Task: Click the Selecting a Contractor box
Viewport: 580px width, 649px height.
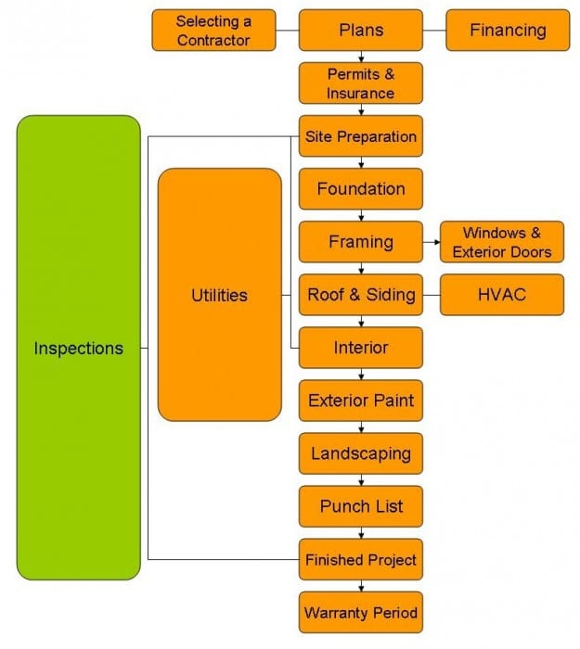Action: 213,31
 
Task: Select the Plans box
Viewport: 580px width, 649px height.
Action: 361,31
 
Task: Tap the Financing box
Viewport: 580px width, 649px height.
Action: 508,31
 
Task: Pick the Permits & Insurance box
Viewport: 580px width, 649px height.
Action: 361,83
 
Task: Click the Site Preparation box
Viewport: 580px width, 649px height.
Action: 361,136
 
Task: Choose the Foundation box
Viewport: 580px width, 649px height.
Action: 361,189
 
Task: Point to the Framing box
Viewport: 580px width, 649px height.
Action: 361,242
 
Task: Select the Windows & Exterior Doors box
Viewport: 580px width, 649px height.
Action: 502,242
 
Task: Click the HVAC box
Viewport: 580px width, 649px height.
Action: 502,295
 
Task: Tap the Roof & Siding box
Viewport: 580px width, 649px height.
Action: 361,295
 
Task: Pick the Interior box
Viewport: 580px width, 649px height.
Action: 361,348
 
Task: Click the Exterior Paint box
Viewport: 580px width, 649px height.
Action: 361,401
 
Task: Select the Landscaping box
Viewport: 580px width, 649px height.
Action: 361,453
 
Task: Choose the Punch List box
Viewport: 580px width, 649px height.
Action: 361,506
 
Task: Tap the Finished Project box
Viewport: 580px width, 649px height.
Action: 361,559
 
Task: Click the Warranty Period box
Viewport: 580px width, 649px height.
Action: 361,612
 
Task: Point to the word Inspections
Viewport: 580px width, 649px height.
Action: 79,348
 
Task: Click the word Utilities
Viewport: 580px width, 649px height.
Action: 220,295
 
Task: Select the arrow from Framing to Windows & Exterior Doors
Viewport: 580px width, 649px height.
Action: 432,242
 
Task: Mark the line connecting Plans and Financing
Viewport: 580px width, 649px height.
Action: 434,31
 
